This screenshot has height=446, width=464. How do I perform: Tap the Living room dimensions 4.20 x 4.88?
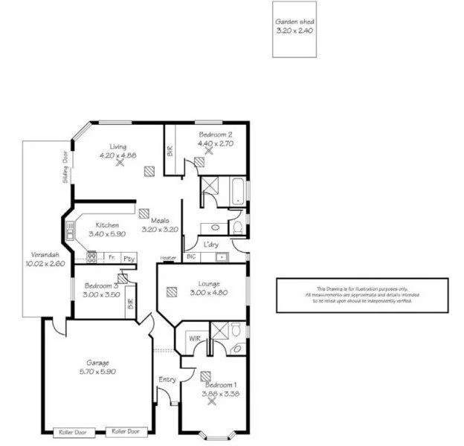pos(118,155)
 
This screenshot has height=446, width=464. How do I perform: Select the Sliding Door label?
pos(65,168)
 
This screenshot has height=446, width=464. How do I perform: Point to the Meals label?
pos(160,220)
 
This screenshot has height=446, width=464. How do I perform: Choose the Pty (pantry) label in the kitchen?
pos(129,259)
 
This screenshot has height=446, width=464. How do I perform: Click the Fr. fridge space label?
pos(111,259)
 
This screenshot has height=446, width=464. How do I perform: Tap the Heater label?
pos(168,259)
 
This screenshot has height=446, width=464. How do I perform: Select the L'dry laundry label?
pos(210,244)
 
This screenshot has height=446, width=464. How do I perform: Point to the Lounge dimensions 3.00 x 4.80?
pos(209,292)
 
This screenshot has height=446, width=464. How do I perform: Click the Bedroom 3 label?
pos(101,285)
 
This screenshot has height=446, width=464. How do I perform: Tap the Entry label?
pos(167,380)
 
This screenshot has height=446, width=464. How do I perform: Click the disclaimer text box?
pos(362,295)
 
